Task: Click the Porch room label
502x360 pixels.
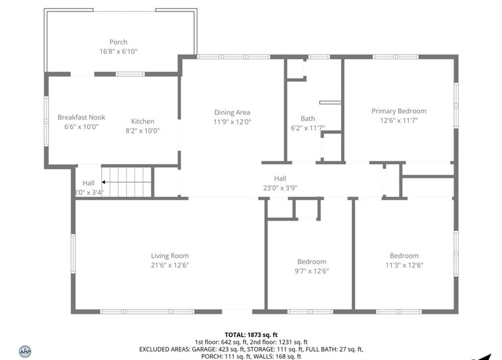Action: point(119,42)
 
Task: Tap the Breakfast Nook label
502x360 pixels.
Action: point(81,117)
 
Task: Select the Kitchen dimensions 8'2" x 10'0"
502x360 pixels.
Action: point(143,130)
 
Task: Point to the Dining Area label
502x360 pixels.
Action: point(232,112)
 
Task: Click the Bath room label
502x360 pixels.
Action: point(308,119)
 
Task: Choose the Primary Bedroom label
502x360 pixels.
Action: point(399,111)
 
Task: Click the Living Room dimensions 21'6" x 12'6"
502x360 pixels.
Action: point(170,265)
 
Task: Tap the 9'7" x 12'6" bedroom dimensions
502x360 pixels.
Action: point(312,271)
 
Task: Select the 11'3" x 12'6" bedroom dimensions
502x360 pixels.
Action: point(404,265)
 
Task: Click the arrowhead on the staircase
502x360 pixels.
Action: point(103,182)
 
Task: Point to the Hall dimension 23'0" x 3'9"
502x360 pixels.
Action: point(280,188)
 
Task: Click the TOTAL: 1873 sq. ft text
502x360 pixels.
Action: point(251,335)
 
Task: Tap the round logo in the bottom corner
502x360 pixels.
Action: point(25,352)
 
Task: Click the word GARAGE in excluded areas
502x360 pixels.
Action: point(204,349)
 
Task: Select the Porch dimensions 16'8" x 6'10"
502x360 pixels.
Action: point(119,51)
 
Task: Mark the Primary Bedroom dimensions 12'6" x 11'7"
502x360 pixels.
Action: point(399,121)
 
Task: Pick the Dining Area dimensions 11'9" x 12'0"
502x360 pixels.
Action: point(232,122)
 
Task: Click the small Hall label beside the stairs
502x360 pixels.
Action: point(88,183)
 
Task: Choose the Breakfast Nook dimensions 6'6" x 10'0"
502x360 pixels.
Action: point(81,127)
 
